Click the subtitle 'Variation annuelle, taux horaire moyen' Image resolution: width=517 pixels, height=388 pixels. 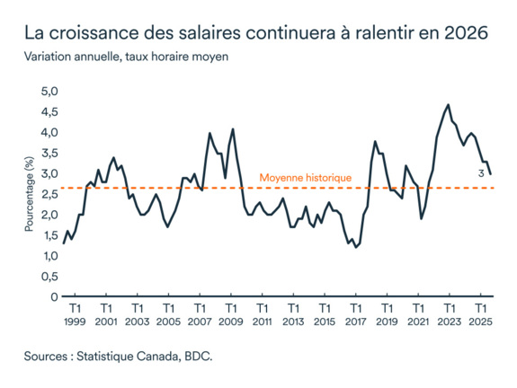pos(127,57)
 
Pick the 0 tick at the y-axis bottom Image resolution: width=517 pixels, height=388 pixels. pos(54,296)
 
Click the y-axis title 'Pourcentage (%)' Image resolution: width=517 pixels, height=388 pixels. pos(30,194)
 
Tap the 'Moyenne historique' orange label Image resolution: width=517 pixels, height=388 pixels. pos(305,178)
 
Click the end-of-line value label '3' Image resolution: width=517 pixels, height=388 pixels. pos(482,173)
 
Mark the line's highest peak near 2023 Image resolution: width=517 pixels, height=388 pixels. pos(447,104)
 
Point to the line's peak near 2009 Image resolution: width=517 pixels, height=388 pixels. pos(233,128)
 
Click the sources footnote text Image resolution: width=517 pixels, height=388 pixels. pos(118,357)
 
